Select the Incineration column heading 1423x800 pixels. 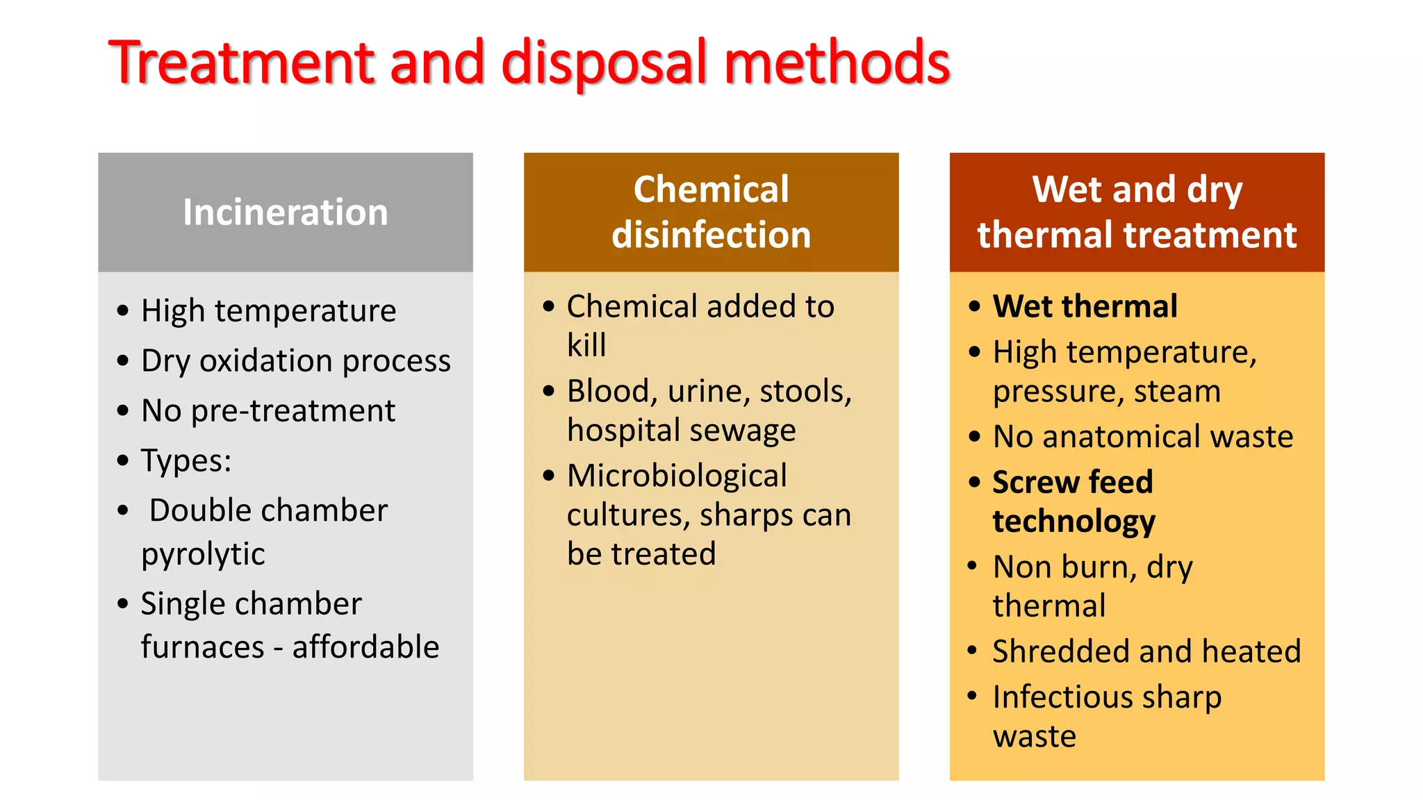285,212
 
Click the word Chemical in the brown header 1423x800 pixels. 711,189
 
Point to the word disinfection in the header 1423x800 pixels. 711,235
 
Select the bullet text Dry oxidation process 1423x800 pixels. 295,360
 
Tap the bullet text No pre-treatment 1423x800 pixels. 268,410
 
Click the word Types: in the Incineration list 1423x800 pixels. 186,460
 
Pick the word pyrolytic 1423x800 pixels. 203,553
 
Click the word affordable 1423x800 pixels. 365,647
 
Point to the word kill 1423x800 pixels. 586,345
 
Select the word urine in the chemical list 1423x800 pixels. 706,391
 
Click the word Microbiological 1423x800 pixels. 677,476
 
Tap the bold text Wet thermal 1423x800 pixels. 1085,306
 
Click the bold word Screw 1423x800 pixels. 1035,482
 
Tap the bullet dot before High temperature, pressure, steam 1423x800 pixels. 974,352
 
